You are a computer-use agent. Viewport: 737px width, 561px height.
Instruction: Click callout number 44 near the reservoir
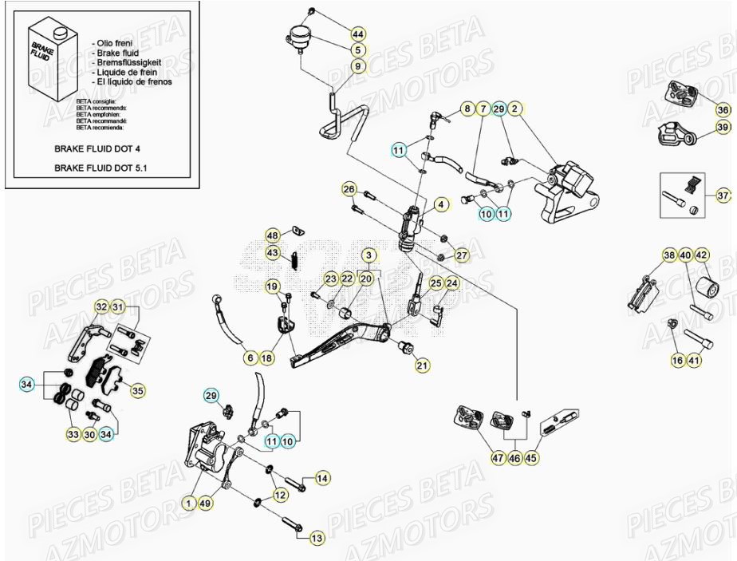tap(357, 34)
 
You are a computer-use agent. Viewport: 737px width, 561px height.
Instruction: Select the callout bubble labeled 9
tap(357, 66)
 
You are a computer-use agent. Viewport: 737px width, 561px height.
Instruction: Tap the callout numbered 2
tap(515, 108)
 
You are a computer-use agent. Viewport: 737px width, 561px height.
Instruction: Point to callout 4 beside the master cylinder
tap(439, 205)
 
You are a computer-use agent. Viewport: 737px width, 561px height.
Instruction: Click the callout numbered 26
tap(349, 189)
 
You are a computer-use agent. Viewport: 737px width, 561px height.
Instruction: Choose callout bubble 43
tap(273, 253)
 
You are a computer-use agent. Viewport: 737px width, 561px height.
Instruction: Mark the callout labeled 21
tap(422, 365)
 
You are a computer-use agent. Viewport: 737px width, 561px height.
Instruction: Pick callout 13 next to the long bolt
tap(317, 539)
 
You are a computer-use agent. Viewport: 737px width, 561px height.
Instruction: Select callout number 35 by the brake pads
tap(138, 391)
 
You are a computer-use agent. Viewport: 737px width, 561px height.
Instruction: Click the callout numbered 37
tap(723, 195)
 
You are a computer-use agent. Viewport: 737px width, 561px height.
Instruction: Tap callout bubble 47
tap(498, 458)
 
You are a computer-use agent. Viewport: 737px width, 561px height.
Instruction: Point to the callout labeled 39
tap(723, 127)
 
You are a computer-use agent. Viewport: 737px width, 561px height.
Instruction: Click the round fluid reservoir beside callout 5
tap(299, 36)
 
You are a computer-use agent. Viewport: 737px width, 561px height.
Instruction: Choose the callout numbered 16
tap(677, 361)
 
